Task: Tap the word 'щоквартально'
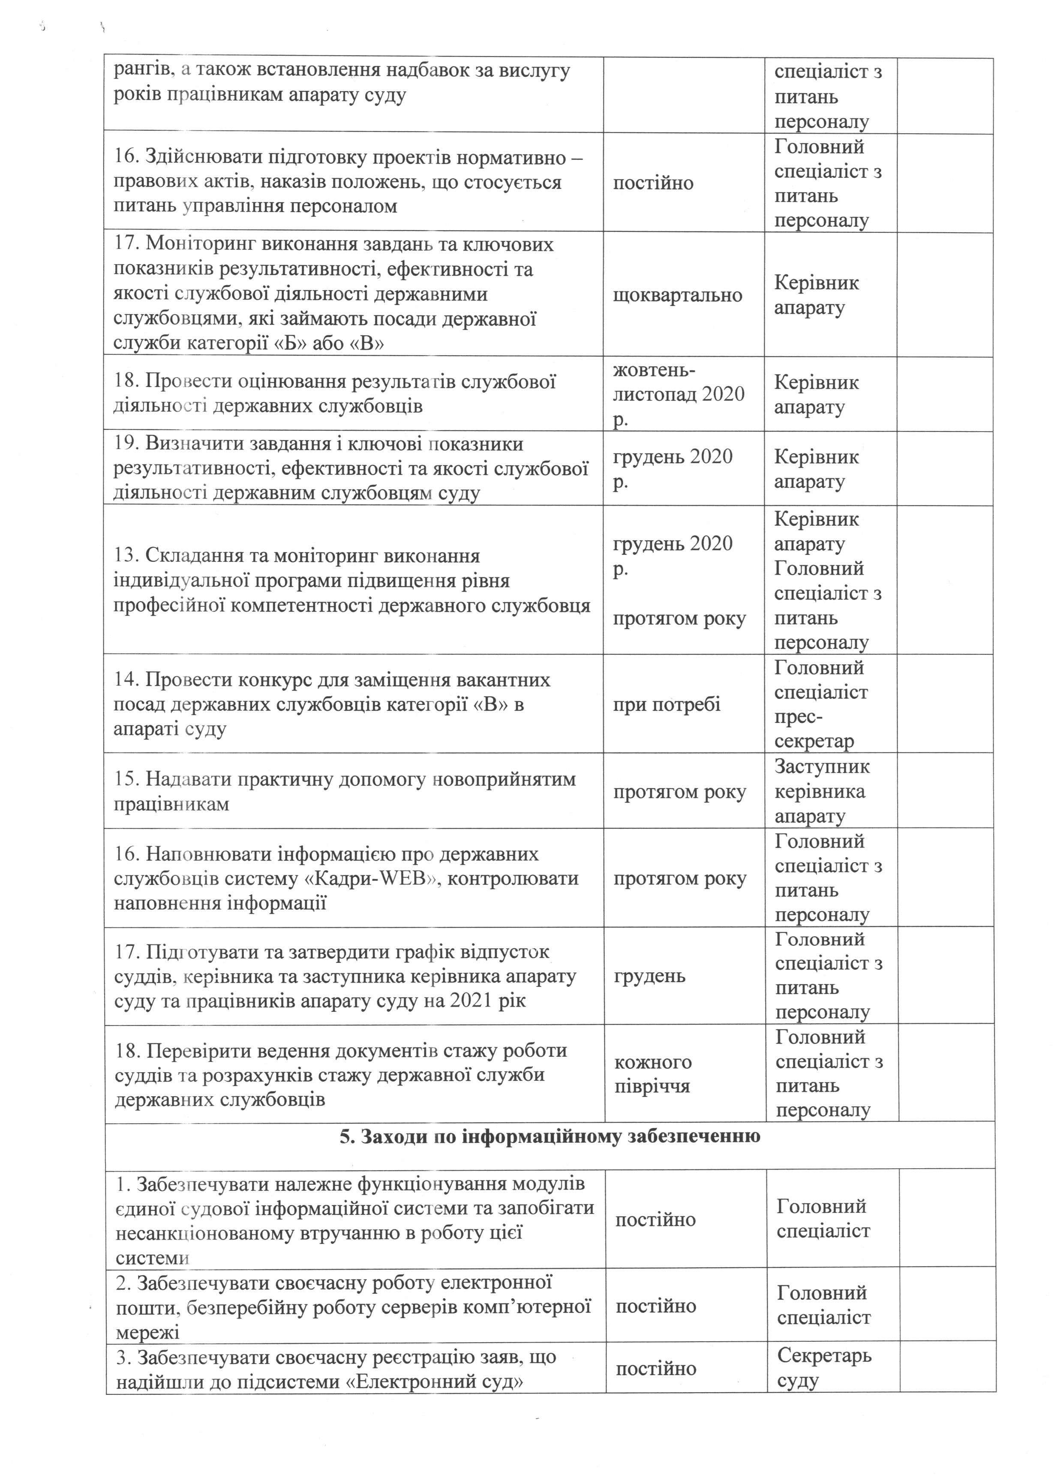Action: (x=678, y=295)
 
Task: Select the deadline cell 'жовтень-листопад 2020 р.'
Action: (x=679, y=394)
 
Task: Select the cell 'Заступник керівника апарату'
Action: (x=822, y=791)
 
